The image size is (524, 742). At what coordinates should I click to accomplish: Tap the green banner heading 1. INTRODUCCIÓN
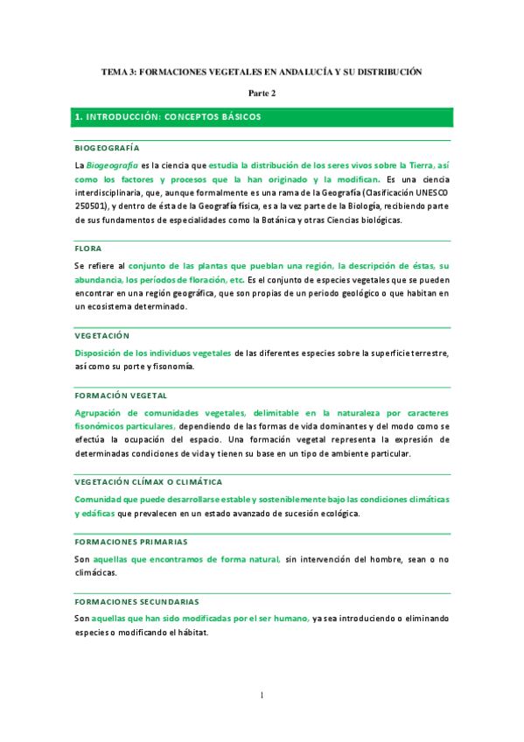pyautogui.click(x=168, y=115)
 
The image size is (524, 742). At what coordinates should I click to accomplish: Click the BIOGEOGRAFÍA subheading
pyautogui.click(x=107, y=147)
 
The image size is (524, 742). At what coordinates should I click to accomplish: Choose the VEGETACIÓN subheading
pyautogui.click(x=101, y=335)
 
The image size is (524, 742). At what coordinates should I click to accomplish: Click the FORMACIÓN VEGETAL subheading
pyautogui.click(x=121, y=395)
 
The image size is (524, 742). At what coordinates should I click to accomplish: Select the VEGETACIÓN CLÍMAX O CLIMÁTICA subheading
pyautogui.click(x=148, y=482)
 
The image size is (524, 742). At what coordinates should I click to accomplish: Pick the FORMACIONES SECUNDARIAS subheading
pyautogui.click(x=136, y=601)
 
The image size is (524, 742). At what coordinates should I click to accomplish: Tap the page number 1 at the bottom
pyautogui.click(x=261, y=696)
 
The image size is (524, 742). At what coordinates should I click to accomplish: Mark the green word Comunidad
pyautogui.click(x=101, y=499)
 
